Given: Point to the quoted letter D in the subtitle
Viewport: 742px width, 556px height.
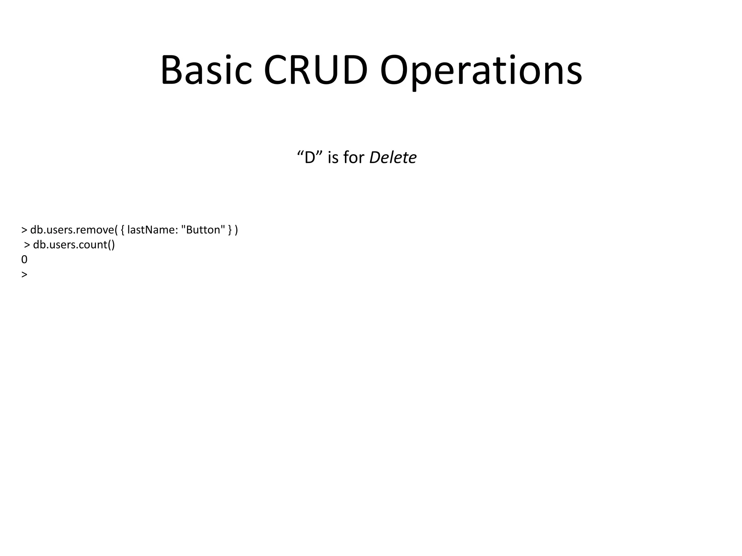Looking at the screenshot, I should [x=310, y=158].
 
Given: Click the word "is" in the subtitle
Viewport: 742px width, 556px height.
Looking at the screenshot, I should [x=333, y=158].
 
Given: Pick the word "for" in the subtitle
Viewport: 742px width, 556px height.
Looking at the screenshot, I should [x=354, y=158].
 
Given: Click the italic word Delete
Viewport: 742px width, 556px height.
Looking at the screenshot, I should [x=393, y=158].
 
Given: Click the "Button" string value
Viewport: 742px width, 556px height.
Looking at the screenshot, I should [x=203, y=230].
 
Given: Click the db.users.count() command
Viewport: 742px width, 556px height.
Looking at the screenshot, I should [x=74, y=245].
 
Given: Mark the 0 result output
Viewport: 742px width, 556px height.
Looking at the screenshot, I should [x=24, y=260].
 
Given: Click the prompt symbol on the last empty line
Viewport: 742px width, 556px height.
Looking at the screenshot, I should [x=24, y=275].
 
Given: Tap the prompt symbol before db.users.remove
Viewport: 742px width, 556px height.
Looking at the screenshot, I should [x=24, y=230].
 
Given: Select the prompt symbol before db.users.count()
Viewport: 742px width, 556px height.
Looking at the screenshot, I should [x=27, y=245].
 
